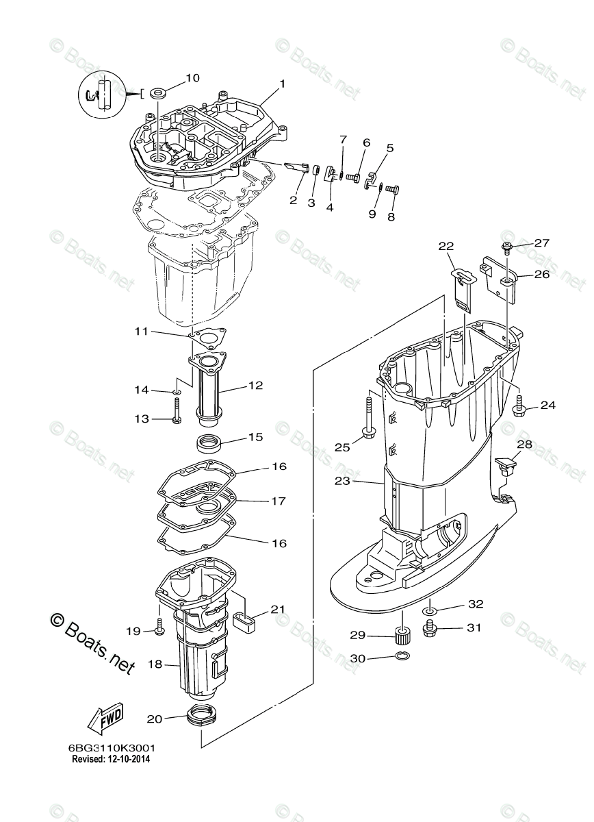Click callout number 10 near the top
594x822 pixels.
[x=192, y=78]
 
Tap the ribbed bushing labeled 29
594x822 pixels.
[x=402, y=636]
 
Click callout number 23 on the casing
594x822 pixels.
[x=342, y=481]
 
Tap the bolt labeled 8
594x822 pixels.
[x=392, y=190]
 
